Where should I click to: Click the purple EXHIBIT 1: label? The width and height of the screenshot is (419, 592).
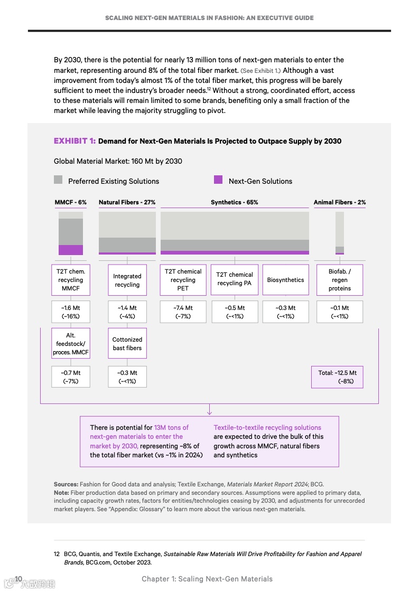click(x=75, y=141)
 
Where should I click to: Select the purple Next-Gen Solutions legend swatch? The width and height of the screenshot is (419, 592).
click(x=218, y=180)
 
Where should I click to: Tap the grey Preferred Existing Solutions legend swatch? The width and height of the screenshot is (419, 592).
click(x=58, y=180)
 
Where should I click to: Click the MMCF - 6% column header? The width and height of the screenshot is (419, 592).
click(x=70, y=202)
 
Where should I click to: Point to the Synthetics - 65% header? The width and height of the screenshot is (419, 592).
click(x=234, y=202)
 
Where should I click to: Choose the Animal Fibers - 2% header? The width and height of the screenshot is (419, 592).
click(x=339, y=202)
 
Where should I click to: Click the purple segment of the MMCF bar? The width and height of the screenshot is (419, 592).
click(x=71, y=250)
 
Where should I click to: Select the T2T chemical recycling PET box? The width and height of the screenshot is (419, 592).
click(x=183, y=280)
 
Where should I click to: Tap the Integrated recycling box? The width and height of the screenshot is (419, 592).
click(x=127, y=280)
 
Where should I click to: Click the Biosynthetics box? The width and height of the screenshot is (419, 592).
click(x=285, y=280)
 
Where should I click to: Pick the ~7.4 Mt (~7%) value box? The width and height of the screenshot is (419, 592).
click(x=183, y=312)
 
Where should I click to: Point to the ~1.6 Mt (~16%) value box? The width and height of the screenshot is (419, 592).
click(x=71, y=312)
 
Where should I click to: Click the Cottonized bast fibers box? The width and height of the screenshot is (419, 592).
click(x=127, y=343)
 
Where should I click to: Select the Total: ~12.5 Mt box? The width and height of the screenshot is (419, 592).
click(x=337, y=377)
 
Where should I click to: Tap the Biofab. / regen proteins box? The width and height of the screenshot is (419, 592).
click(x=340, y=280)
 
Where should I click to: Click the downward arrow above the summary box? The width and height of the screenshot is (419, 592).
click(x=209, y=410)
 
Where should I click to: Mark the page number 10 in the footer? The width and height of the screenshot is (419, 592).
click(x=18, y=579)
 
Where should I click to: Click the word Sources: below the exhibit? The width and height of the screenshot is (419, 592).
click(x=66, y=484)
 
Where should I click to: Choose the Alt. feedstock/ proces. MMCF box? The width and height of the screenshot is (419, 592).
click(x=71, y=343)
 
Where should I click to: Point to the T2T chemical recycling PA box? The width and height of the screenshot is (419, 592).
click(x=234, y=279)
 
